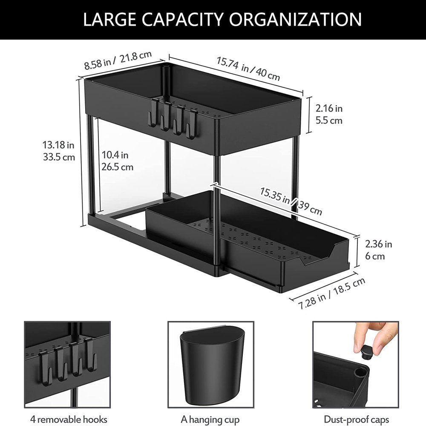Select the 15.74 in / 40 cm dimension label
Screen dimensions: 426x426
248,68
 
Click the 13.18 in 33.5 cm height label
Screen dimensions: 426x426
59,151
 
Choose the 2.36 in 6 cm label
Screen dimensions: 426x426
379,250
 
